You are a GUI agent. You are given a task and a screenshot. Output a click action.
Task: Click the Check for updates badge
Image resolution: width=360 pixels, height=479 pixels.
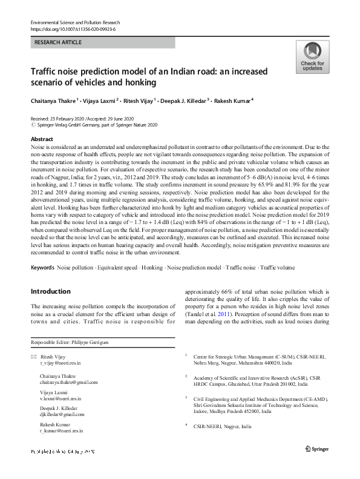(x=312, y=57)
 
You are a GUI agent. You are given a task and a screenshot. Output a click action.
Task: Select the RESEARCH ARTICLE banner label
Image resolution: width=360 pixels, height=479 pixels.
(x=57, y=43)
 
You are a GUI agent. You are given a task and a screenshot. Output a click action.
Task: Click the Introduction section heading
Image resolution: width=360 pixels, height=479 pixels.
(x=53, y=291)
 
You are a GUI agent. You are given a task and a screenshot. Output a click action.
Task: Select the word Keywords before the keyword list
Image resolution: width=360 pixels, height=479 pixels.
(x=42, y=267)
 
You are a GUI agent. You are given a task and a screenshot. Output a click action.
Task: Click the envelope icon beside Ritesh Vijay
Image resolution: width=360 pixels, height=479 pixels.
(x=34, y=356)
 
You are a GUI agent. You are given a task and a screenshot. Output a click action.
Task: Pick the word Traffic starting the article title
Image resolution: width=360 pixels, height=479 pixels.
(x=46, y=71)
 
